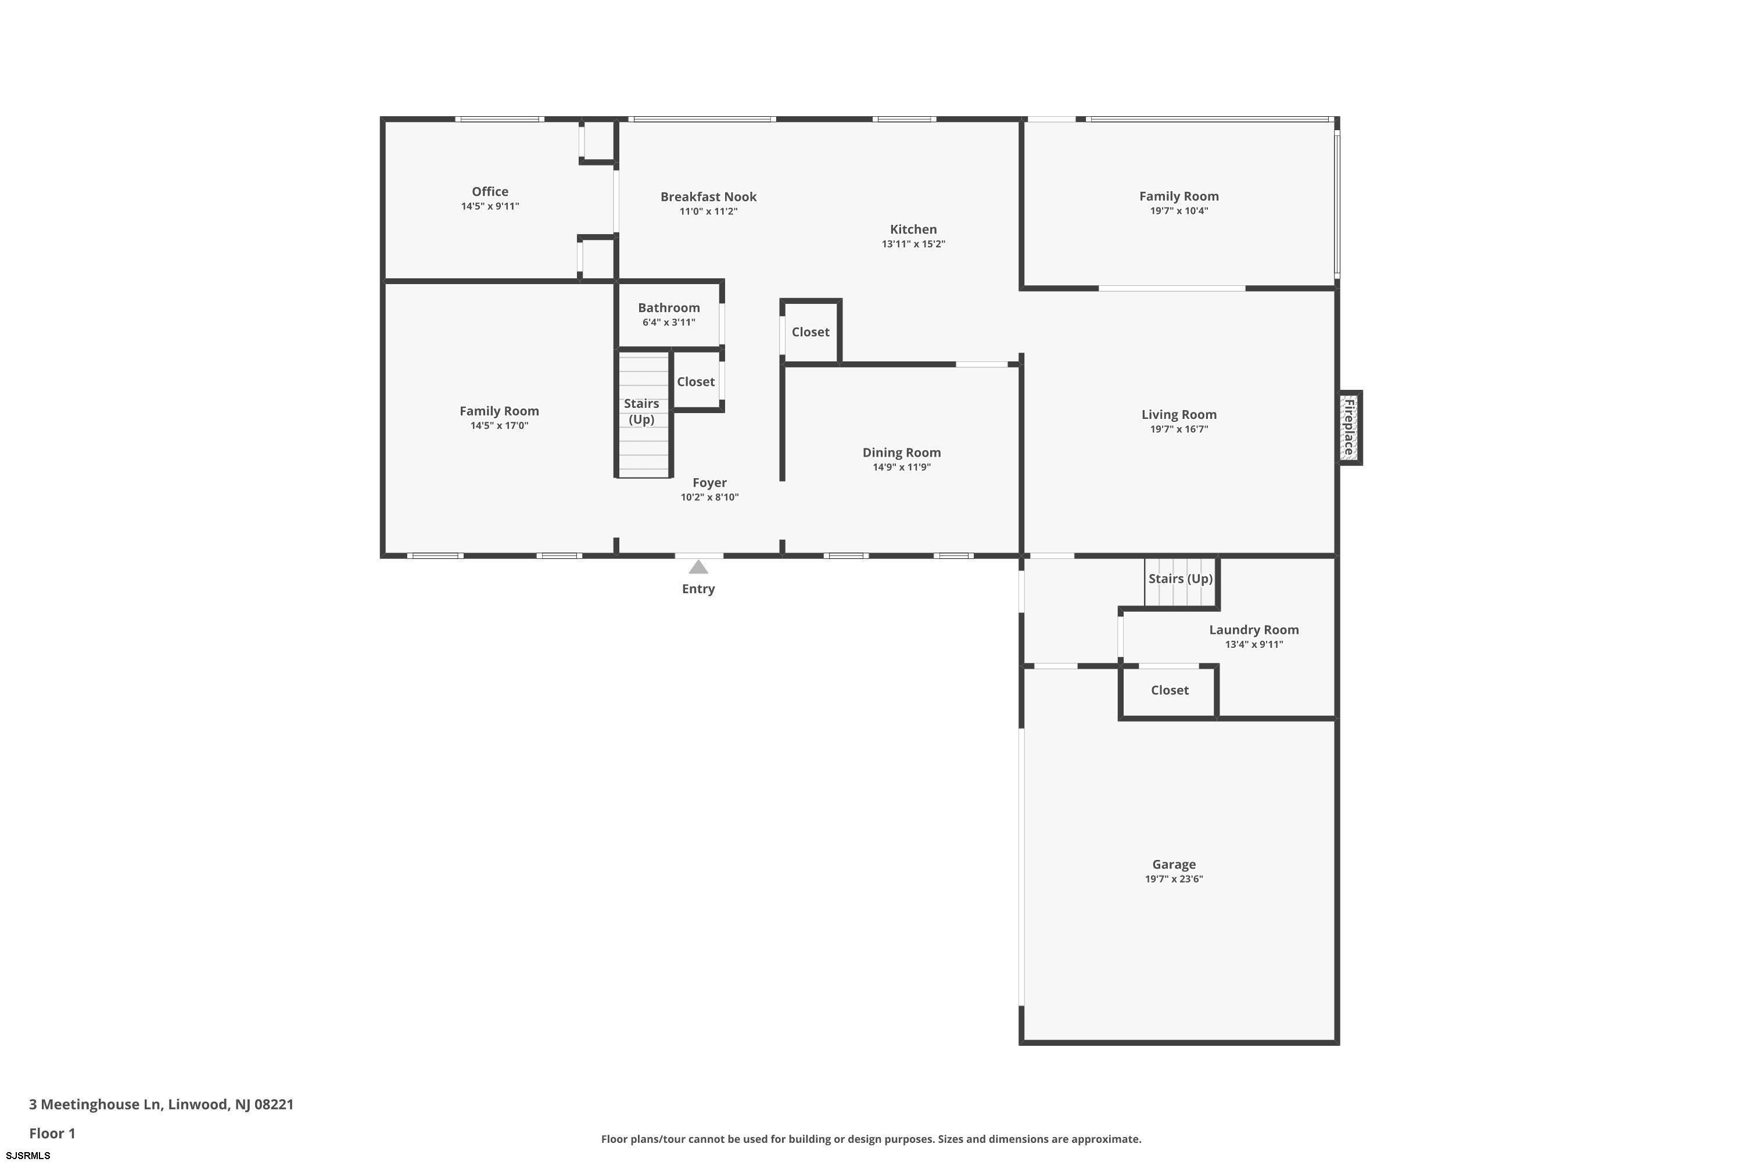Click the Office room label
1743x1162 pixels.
pos(490,191)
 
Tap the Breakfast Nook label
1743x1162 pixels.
pos(708,196)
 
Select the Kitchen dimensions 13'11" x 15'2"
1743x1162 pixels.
pos(913,244)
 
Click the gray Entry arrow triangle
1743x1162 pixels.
pos(698,568)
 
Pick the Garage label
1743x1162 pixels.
pos(1174,864)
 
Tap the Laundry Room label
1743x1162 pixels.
pos(1254,630)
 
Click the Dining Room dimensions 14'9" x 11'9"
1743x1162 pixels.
pos(901,467)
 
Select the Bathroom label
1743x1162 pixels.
pos(669,307)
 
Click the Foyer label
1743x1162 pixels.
pos(709,482)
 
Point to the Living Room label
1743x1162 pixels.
pos(1179,414)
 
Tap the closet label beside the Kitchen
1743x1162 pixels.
pos(810,332)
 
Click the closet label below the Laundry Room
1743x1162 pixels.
pos(1170,690)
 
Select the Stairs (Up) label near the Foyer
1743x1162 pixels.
pos(641,411)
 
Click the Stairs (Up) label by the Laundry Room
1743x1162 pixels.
pos(1181,579)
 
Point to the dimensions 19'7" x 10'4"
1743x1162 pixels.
pos(1179,210)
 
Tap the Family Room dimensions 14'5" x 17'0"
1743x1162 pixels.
pos(498,425)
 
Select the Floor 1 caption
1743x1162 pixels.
pos(52,1133)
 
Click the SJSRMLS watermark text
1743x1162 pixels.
pos(27,1156)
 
